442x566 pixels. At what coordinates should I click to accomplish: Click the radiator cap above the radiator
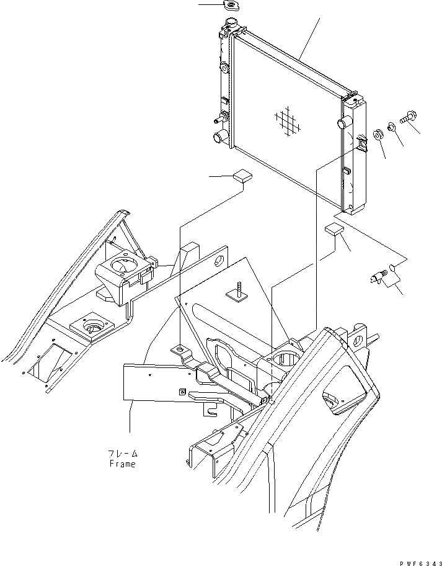pos(233,6)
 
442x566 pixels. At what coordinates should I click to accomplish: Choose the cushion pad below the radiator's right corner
pos(333,230)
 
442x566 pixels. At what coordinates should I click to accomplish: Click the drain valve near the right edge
pos(375,277)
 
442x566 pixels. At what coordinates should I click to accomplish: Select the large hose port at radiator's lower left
pos(220,137)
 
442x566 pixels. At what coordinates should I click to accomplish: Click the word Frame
pos(122,464)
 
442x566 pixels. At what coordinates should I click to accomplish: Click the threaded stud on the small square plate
pos(238,290)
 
